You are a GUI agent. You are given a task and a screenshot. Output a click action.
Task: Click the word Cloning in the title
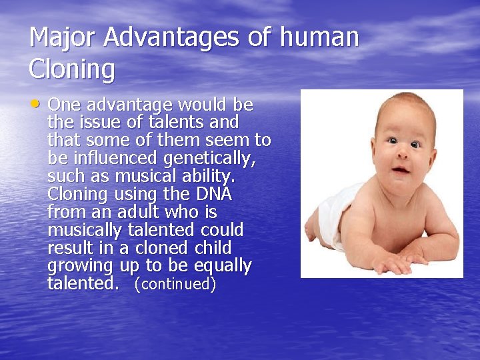[72, 69]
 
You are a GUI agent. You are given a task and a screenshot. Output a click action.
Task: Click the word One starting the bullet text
[64, 105]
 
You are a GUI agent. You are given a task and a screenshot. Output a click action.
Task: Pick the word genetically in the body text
[209, 159]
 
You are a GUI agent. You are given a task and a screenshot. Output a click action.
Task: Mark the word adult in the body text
[138, 213]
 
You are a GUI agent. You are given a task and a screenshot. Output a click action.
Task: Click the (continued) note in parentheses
[175, 285]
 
